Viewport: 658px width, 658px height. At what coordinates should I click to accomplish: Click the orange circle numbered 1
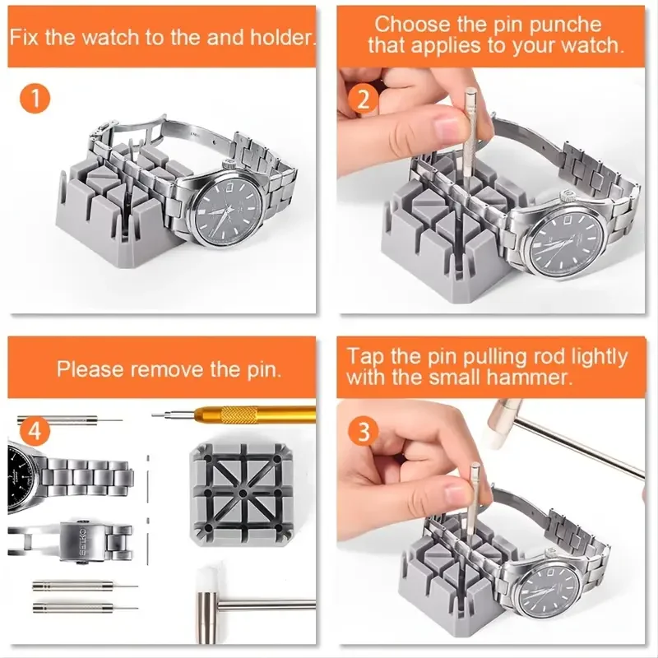click(x=35, y=100)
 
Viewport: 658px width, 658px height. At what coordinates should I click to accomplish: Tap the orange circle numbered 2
click(x=364, y=100)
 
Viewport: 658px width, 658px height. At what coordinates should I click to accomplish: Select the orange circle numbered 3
click(x=364, y=431)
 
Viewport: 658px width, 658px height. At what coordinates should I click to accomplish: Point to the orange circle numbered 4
click(x=35, y=431)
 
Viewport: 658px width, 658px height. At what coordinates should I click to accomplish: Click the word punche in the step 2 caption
click(x=565, y=25)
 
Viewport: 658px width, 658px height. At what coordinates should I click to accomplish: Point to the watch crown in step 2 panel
click(x=567, y=196)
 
